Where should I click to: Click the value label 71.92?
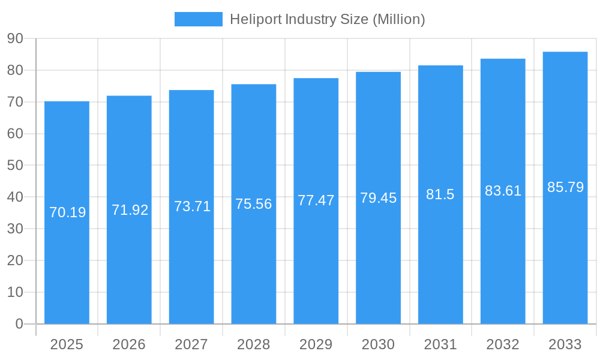[130, 210]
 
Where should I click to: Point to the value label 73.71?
[192, 206]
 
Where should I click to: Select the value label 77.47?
[316, 200]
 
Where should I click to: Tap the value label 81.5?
[440, 194]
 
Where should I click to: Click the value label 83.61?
[503, 191]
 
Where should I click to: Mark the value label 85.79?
[565, 187]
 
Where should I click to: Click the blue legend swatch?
[198, 19]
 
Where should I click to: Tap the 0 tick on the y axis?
[19, 324]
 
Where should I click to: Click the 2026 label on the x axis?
[129, 344]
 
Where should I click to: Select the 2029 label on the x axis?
[316, 344]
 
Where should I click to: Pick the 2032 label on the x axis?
[503, 344]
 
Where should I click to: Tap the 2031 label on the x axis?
[440, 344]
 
